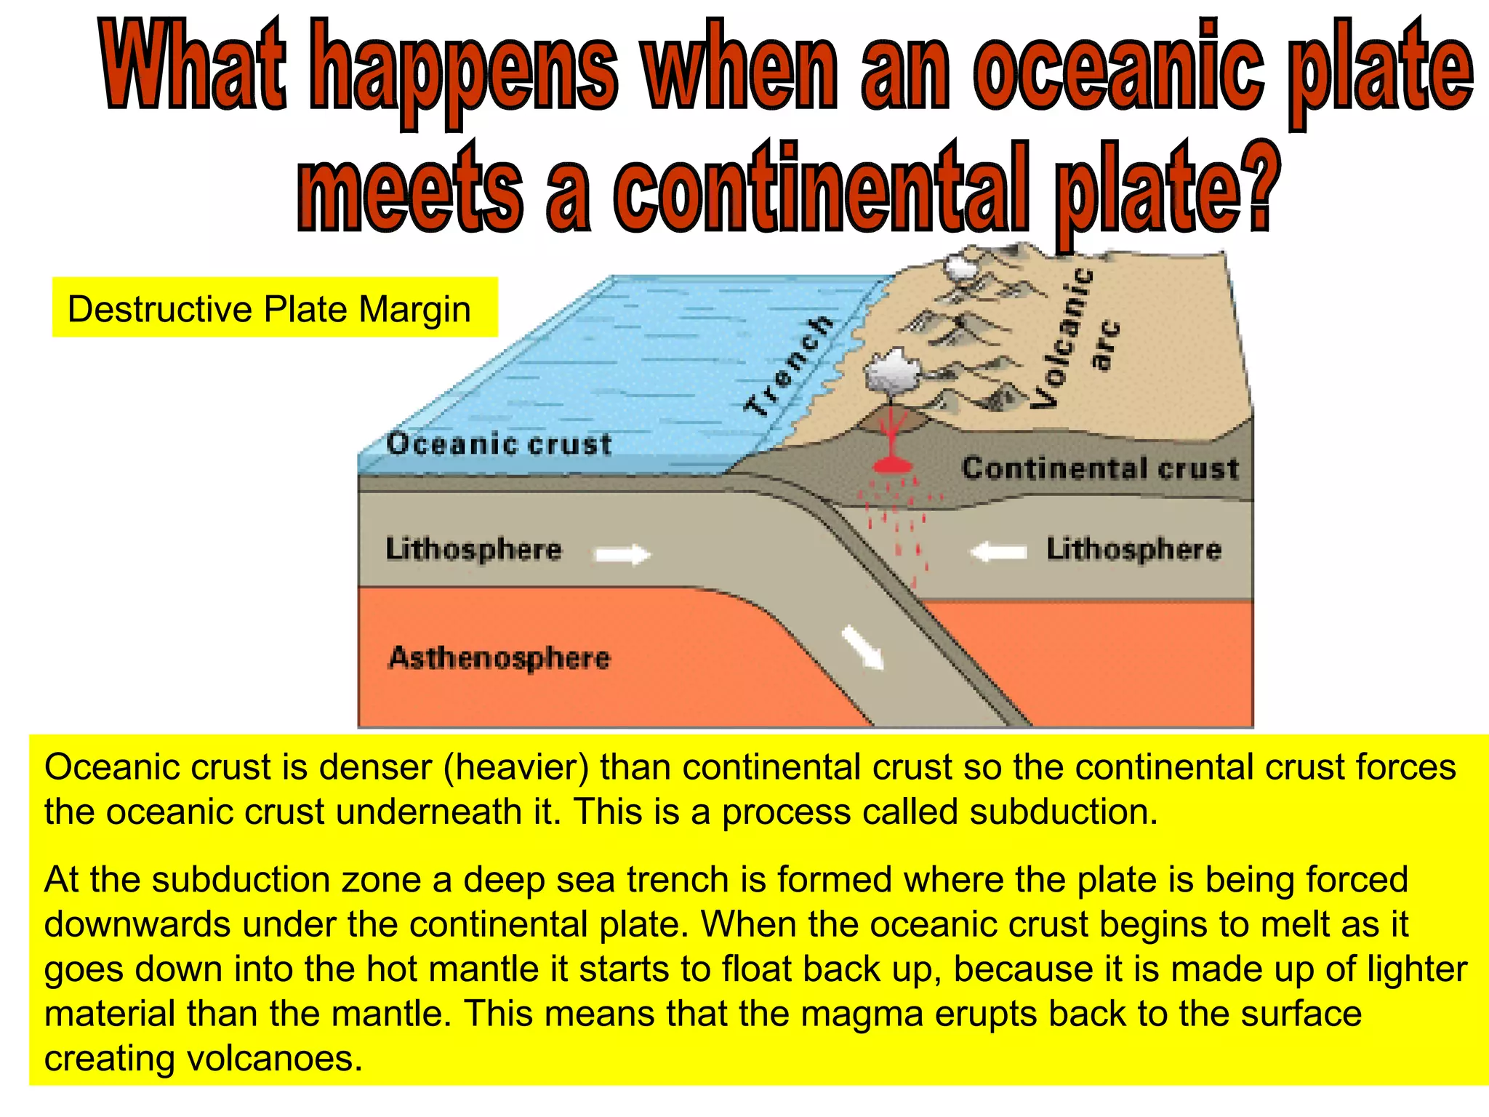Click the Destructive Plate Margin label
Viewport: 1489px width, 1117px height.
pos(269,309)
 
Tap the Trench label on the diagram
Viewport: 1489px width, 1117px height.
pos(789,367)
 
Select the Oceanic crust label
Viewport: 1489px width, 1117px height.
pos(499,444)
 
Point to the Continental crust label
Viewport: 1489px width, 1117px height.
pos(1099,468)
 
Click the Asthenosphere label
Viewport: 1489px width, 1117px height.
pos(499,658)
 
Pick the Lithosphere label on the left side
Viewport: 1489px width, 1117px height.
pos(473,549)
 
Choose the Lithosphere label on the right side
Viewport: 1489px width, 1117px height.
pos(1133,549)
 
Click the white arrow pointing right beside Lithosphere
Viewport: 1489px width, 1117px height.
pos(622,555)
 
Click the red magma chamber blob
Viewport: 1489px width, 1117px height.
pos(892,464)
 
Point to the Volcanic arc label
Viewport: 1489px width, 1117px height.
pos(1076,338)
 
